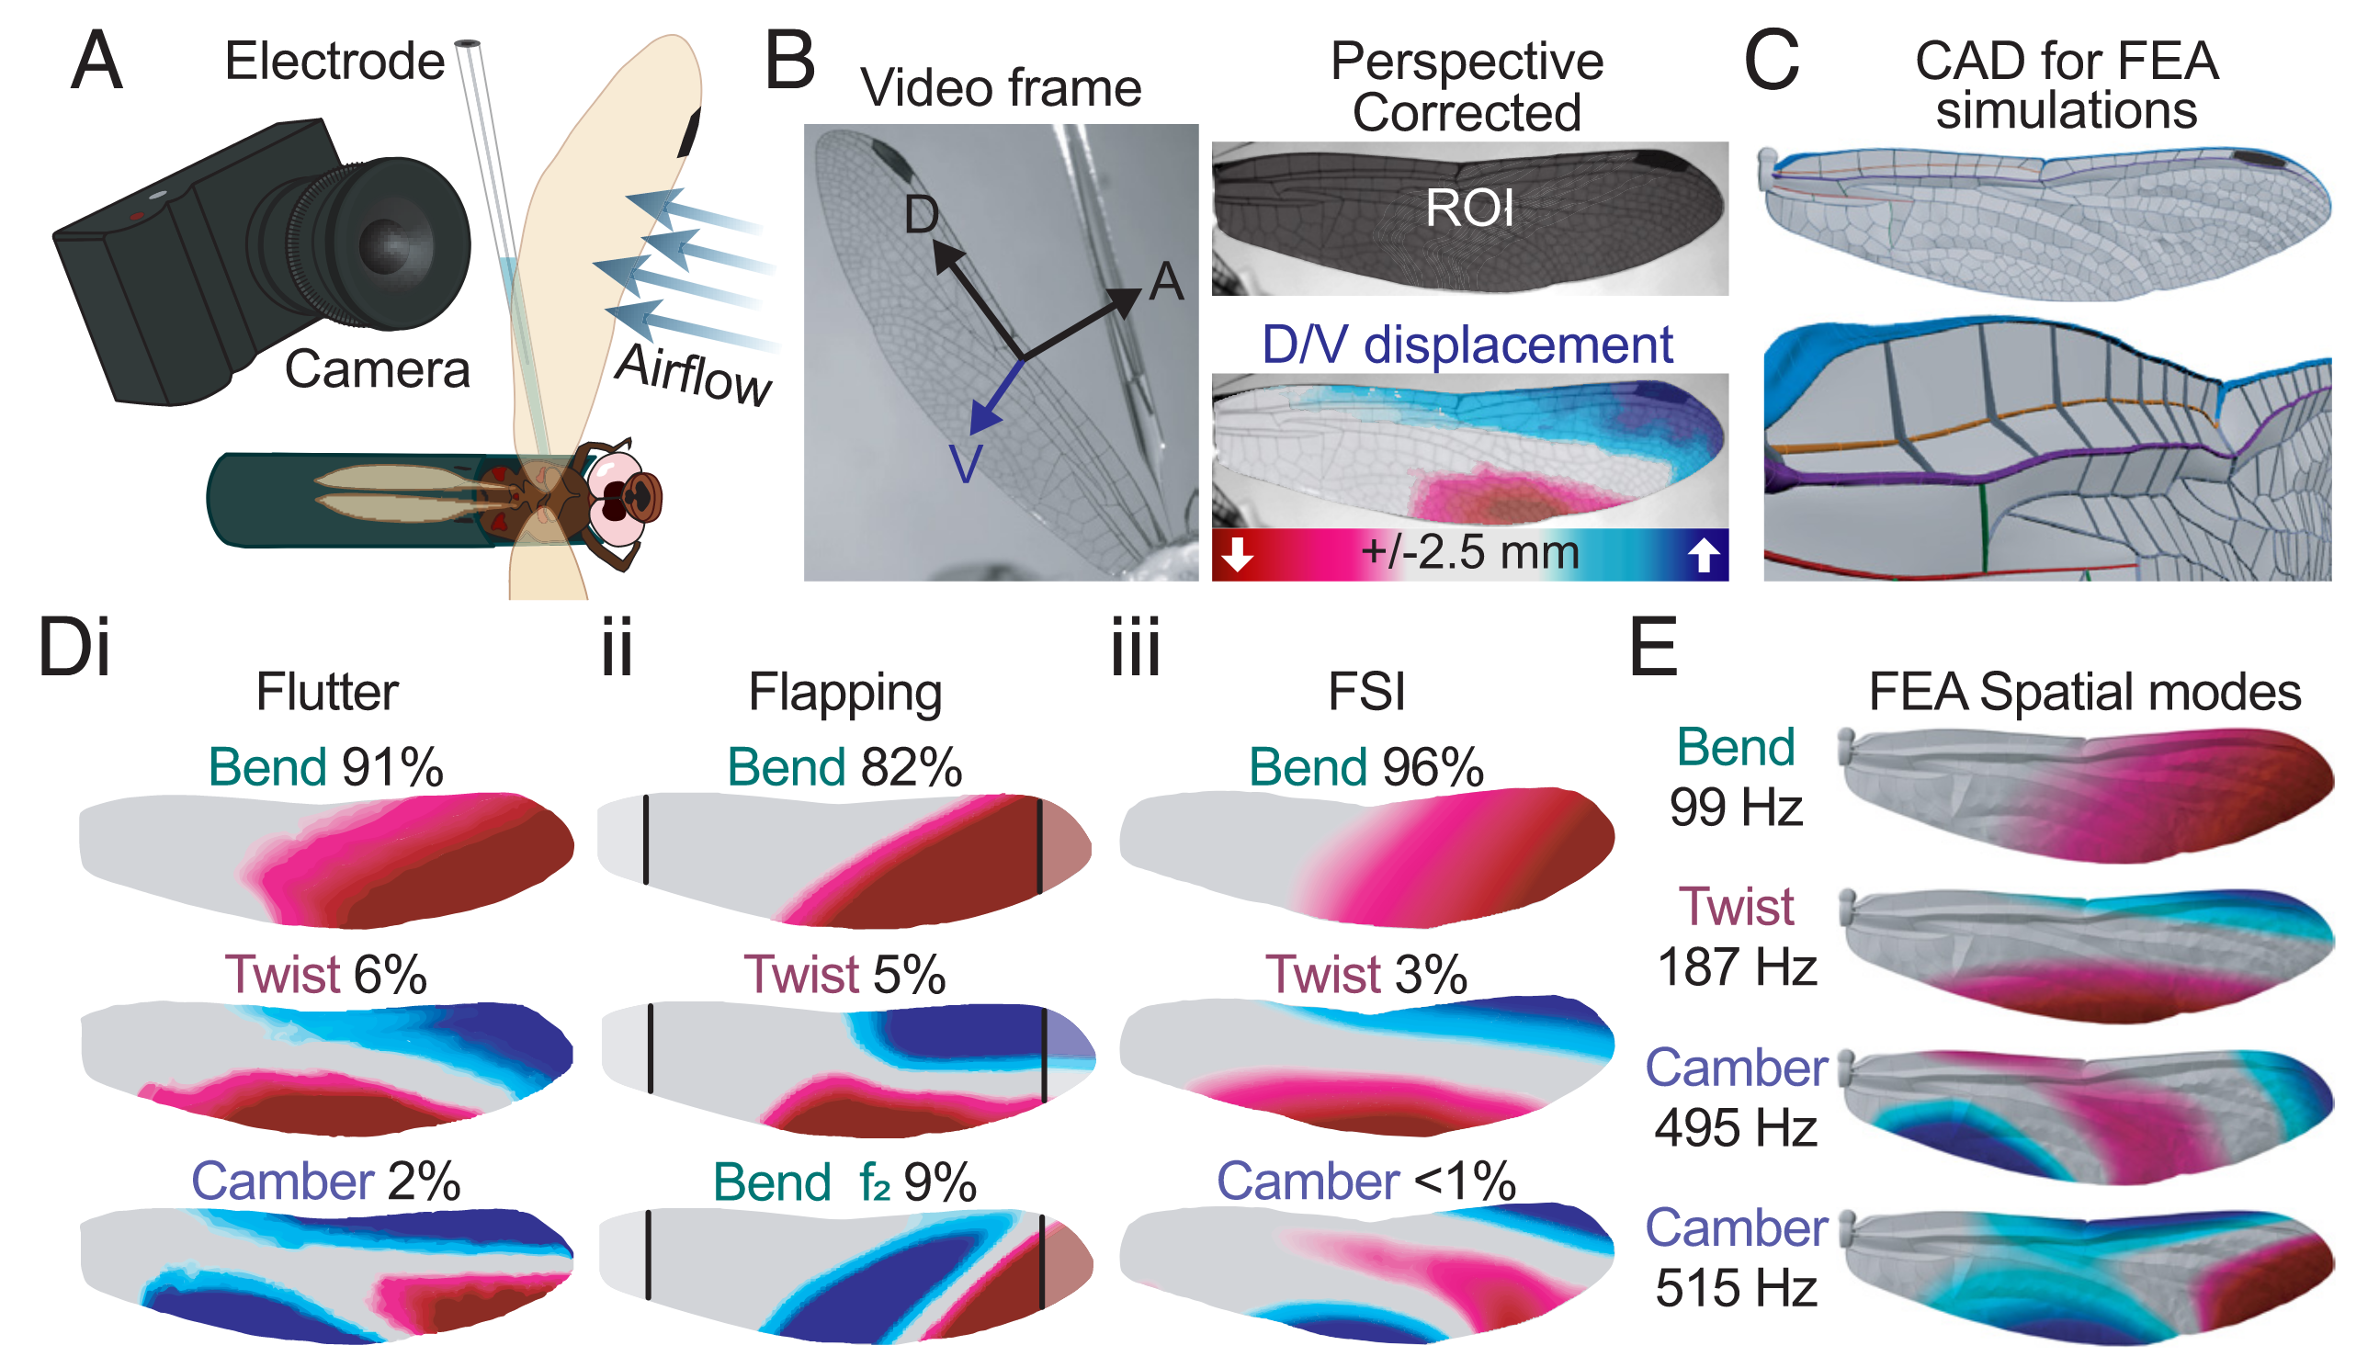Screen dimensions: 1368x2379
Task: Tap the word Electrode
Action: (x=334, y=62)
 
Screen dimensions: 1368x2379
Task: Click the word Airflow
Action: (x=694, y=375)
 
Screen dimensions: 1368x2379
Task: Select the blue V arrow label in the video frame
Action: (x=966, y=463)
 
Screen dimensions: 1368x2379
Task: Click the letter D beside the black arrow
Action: (x=921, y=214)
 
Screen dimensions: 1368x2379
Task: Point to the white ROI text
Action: (x=1468, y=208)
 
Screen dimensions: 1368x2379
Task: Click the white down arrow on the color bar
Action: (x=1237, y=554)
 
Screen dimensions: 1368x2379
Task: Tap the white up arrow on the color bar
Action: (x=1703, y=554)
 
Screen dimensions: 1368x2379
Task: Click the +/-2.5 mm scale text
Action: (x=1468, y=552)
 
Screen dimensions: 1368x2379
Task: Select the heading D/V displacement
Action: (x=1467, y=345)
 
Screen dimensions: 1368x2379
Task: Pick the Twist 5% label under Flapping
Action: (x=844, y=975)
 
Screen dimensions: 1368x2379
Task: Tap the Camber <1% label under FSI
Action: (x=1365, y=1181)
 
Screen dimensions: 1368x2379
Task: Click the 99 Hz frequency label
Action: (x=1736, y=807)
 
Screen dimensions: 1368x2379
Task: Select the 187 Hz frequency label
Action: (x=1736, y=967)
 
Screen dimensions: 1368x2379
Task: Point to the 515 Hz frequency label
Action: (x=1736, y=1287)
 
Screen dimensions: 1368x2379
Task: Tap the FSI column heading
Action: (x=1366, y=693)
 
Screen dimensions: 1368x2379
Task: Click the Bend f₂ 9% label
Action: (x=844, y=1182)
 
